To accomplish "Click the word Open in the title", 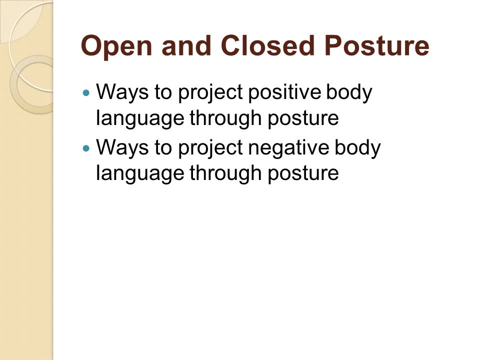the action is [x=116, y=46].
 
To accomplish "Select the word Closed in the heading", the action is [x=267, y=45].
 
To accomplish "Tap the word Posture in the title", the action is [x=378, y=45].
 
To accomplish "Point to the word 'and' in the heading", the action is [x=186, y=45].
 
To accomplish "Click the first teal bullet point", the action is [x=86, y=92].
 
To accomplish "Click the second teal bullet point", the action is [x=86, y=148].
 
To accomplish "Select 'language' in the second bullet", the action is [x=140, y=174].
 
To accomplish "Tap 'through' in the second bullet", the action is [x=225, y=174].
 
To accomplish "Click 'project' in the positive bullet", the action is [x=210, y=93].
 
